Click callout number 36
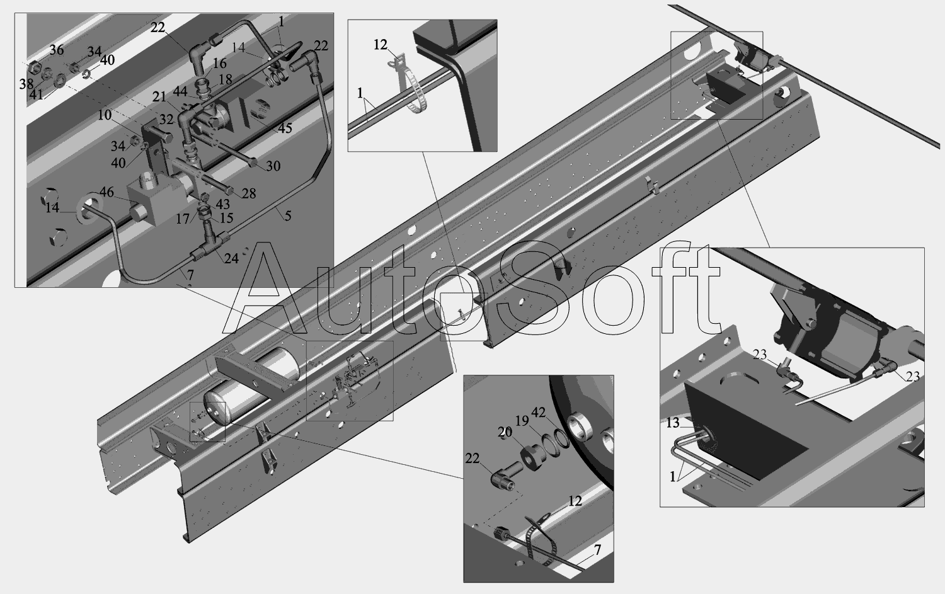tap(57, 50)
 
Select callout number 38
tap(26, 84)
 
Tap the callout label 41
tap(37, 95)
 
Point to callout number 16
tap(219, 63)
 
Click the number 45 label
tap(285, 128)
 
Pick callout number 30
tap(273, 166)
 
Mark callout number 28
tap(249, 193)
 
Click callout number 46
tap(106, 192)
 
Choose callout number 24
tap(232, 259)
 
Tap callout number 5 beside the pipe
tap(288, 216)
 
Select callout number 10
tap(105, 115)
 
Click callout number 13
tap(673, 423)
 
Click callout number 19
tap(522, 421)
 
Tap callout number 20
tap(505, 432)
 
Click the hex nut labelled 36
tap(34, 67)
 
